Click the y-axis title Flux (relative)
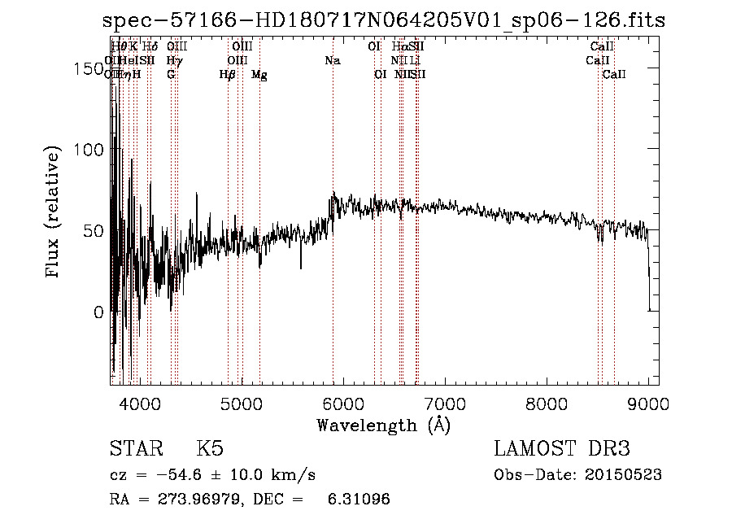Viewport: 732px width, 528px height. pos(54,213)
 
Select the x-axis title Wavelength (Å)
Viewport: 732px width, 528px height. pos(383,425)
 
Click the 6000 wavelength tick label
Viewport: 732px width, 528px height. pos(342,403)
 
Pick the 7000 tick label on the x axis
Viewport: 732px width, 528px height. pos(445,403)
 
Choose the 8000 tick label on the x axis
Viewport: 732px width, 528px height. pos(547,403)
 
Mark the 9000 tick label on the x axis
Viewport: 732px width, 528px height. pos(648,403)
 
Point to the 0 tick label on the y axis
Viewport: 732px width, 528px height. pos(98,312)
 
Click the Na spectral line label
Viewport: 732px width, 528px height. pos(332,61)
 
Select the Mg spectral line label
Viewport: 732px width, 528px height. pos(259,75)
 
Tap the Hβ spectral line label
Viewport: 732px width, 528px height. pos(228,75)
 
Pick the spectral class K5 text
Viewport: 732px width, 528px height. pos(210,449)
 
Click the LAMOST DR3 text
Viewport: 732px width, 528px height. pos(562,449)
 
